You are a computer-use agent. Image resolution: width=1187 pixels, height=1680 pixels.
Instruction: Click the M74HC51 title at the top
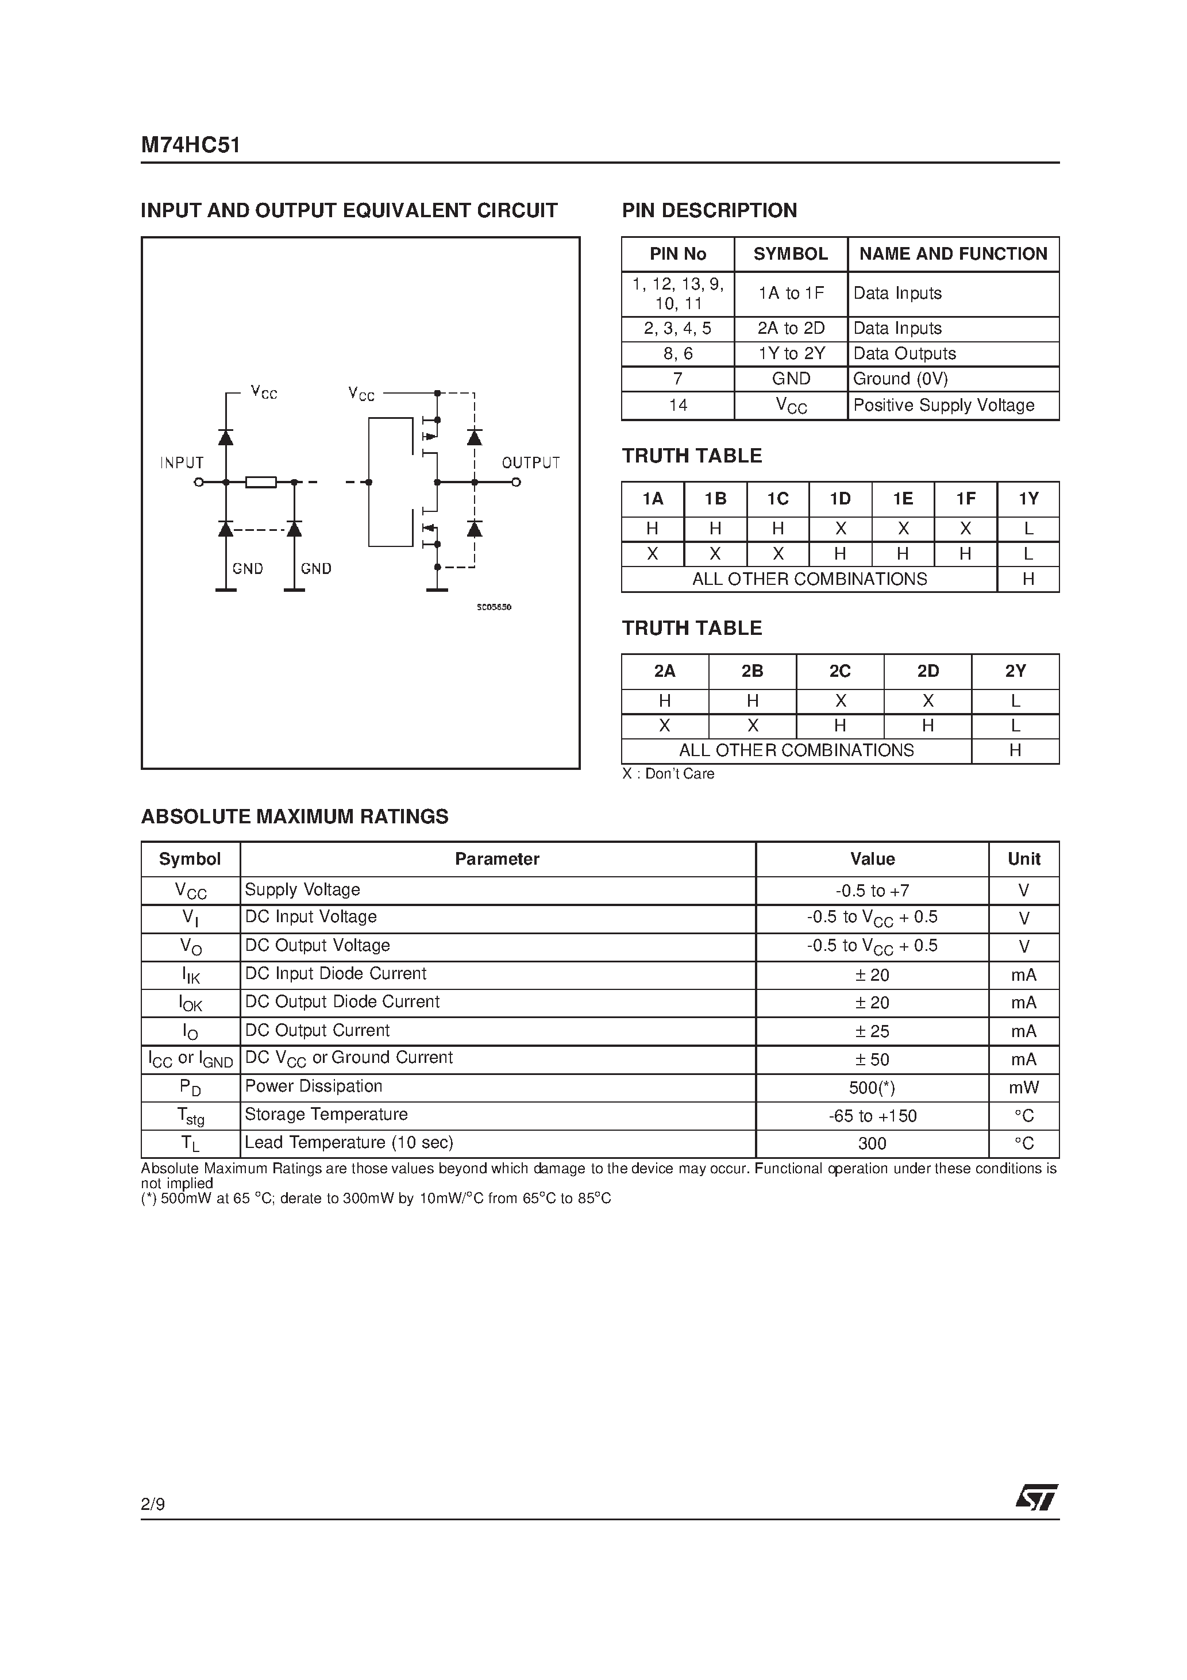[190, 145]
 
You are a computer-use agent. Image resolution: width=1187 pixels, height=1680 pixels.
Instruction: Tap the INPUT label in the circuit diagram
[182, 463]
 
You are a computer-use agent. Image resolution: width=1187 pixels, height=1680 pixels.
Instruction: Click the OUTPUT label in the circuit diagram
[530, 463]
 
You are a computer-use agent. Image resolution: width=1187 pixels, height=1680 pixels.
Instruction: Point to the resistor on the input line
[260, 482]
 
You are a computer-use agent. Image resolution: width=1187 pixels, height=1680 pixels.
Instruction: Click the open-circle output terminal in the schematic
[516, 482]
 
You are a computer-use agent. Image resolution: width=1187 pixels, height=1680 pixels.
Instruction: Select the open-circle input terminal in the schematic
[198, 482]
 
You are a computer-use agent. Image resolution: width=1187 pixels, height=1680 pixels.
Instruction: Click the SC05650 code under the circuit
[494, 607]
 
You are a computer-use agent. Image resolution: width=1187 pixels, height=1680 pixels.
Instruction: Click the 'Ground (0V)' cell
[900, 379]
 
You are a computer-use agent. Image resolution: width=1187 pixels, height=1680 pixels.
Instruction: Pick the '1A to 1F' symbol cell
[791, 294]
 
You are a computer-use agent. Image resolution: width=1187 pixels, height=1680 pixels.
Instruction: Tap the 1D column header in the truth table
[840, 499]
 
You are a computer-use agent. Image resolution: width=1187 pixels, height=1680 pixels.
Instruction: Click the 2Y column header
[1015, 671]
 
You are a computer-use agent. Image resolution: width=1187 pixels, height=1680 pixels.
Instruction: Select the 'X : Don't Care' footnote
[668, 774]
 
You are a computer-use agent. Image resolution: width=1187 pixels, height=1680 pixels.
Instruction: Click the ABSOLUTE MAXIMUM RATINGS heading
[294, 816]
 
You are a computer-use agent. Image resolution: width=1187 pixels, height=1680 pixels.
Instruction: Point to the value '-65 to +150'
[872, 1116]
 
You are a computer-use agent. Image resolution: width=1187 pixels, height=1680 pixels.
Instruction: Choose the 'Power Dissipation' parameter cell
[313, 1086]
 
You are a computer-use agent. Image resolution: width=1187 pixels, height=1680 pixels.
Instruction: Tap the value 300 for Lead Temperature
[872, 1144]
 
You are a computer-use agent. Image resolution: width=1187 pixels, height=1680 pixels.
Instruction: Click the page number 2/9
[153, 1504]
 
